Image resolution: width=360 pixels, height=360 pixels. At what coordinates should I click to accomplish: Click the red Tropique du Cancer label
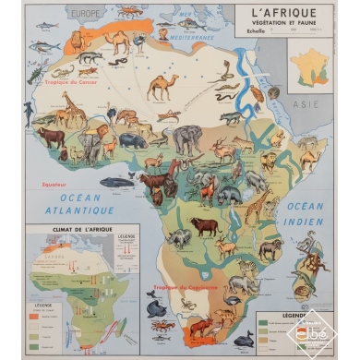pyautogui.click(x=45, y=83)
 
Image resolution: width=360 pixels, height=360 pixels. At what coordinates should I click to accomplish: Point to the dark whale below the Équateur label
pyautogui.click(x=116, y=183)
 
